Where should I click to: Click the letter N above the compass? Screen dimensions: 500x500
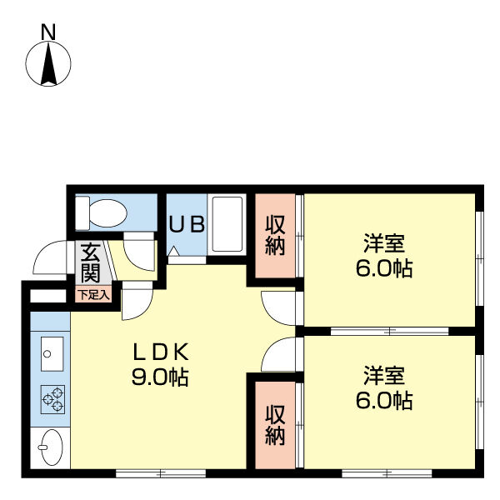(48, 32)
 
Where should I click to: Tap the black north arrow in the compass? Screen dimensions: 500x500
(48, 64)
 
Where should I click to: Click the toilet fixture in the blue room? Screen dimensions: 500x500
(101, 213)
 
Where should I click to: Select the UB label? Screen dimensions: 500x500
(187, 224)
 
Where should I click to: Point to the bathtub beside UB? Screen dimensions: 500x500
(227, 224)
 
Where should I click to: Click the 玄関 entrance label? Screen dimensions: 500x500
(91, 263)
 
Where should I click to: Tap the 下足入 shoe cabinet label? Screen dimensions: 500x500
(94, 295)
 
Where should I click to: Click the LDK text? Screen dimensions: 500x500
(160, 352)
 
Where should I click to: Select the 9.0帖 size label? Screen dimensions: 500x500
(160, 377)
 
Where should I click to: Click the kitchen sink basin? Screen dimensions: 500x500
(52, 354)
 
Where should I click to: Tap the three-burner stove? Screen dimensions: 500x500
(52, 399)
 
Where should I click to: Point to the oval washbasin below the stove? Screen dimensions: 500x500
(51, 447)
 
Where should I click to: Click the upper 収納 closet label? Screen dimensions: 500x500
(275, 236)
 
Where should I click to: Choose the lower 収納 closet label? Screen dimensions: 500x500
(275, 425)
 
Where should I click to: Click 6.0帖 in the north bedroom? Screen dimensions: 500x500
(384, 268)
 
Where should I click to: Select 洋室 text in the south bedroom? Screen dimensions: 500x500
(384, 376)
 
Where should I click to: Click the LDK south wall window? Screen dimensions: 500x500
(161, 473)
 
